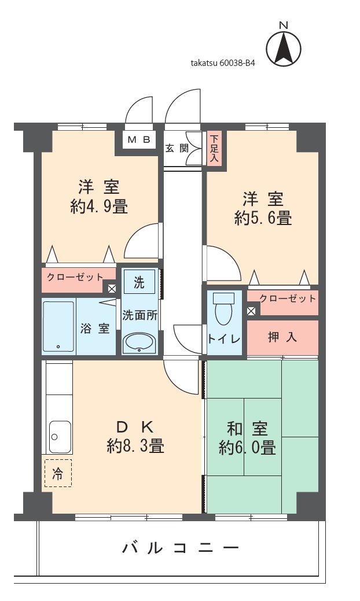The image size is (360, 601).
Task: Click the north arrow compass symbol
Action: pos(283,46)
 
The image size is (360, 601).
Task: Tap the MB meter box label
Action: pos(138,139)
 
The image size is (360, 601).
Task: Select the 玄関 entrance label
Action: pos(177,148)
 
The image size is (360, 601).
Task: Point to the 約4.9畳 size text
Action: pos(99,207)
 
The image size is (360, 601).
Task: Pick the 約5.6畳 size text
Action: pos(263,218)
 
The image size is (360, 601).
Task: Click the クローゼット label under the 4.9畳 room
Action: pos(75,276)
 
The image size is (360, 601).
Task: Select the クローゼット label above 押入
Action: pos(288,298)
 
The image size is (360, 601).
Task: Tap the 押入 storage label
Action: pos(282,337)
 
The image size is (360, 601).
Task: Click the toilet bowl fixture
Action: pos(223,309)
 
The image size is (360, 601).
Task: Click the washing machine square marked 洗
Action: pos(139,282)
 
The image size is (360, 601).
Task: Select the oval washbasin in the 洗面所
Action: pos(139,343)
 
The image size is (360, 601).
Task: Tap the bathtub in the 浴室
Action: pos(58,326)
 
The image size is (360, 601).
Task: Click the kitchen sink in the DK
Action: pos(60,437)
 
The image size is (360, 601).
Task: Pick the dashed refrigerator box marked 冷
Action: pos(58,473)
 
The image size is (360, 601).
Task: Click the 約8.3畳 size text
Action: pos(135,446)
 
